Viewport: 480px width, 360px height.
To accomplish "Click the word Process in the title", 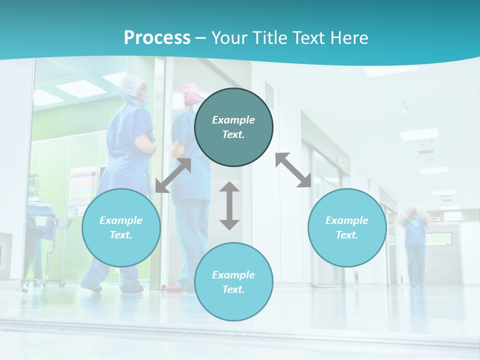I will tap(157, 38).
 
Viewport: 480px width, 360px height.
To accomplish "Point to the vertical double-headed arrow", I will tap(229, 205).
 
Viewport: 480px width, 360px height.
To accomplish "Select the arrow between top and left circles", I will tap(173, 175).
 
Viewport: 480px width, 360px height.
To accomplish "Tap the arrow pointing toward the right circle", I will tap(293, 170).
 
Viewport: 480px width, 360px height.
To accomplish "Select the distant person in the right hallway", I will tap(414, 245).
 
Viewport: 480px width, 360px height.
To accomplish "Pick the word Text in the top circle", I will tap(233, 134).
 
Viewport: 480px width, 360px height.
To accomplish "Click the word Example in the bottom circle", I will tap(233, 275).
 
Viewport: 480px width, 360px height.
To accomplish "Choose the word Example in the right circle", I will tap(347, 220).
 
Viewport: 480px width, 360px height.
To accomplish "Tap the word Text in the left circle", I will tap(121, 235).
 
